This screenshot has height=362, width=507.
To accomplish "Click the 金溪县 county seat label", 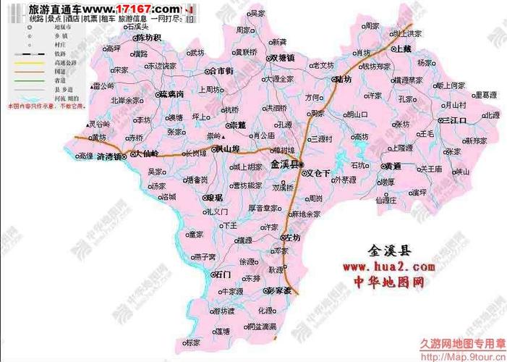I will coord(285,164).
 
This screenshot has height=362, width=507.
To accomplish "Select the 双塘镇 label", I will coord(282,56).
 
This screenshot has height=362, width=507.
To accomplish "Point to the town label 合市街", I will coord(219,71).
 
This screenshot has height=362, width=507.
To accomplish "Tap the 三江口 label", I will coord(456,119).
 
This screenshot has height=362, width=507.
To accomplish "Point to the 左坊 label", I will coord(291,237).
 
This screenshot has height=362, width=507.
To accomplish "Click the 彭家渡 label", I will coord(278,290).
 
